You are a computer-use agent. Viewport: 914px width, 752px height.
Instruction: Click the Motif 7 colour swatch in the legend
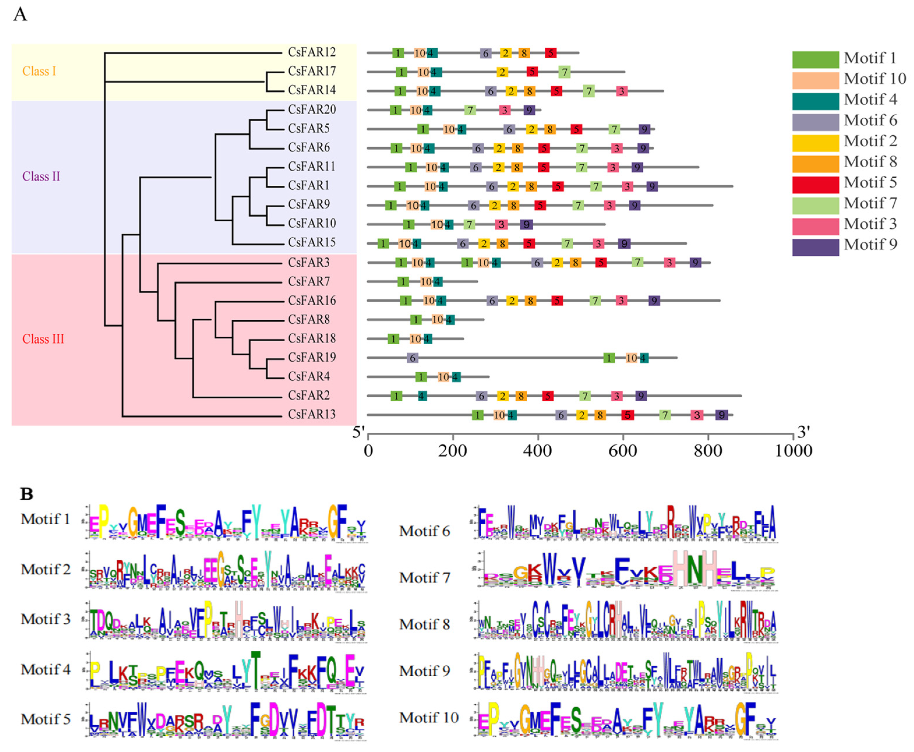(815, 205)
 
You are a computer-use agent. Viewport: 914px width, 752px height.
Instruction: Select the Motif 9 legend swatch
(815, 247)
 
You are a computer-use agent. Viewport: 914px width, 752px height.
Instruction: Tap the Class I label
(39, 71)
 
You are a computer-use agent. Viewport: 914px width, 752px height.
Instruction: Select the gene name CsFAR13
(312, 414)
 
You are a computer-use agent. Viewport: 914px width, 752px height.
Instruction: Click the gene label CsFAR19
(312, 357)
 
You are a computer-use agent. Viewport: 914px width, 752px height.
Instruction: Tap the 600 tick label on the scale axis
(623, 451)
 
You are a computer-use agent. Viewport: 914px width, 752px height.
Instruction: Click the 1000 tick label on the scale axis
(793, 451)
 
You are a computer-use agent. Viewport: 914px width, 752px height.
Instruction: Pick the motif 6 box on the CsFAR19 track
(413, 358)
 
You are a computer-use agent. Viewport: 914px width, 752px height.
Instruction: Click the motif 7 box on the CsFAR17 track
(564, 72)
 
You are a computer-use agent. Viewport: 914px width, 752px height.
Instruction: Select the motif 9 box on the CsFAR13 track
(721, 415)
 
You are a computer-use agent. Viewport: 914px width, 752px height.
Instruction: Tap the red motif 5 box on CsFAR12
(550, 53)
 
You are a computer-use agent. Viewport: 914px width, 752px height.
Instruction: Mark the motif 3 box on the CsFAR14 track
(622, 91)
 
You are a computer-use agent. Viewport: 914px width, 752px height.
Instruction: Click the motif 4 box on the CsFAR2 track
(422, 396)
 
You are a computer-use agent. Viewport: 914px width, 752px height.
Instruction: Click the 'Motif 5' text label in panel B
(45, 719)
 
